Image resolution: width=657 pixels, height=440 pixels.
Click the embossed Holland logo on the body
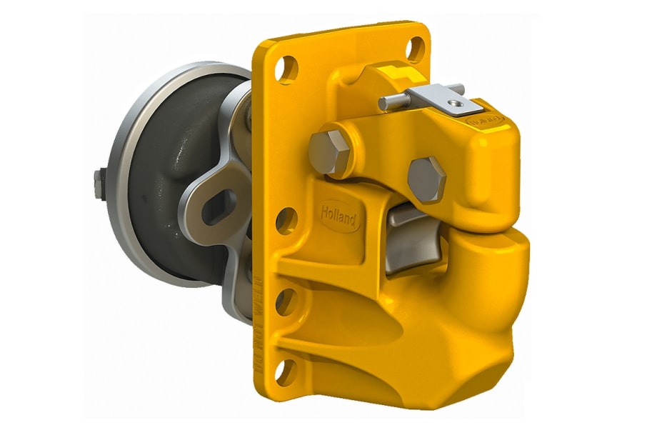point(338,214)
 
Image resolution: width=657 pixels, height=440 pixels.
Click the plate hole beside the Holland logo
point(286,221)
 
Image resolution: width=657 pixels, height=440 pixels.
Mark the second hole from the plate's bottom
point(285,301)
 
